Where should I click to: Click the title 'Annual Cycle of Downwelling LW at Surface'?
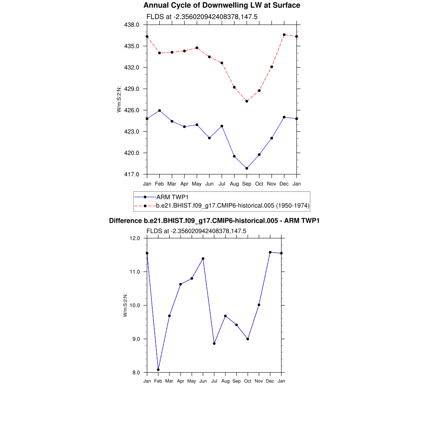click(221, 5)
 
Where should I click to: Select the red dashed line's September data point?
click(247, 101)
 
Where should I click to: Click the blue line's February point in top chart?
click(159, 111)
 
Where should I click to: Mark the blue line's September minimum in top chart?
click(247, 168)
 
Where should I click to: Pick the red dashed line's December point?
click(284, 35)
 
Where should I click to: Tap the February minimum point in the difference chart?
click(158, 369)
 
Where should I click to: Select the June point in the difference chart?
click(203, 259)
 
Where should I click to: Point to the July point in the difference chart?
click(214, 344)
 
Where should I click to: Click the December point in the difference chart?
click(270, 252)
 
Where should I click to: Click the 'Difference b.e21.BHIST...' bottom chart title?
click(214, 221)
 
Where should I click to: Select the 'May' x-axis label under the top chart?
click(197, 183)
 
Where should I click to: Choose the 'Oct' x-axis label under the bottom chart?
click(248, 381)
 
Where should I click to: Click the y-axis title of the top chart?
click(119, 99)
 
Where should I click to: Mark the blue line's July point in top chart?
click(222, 126)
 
